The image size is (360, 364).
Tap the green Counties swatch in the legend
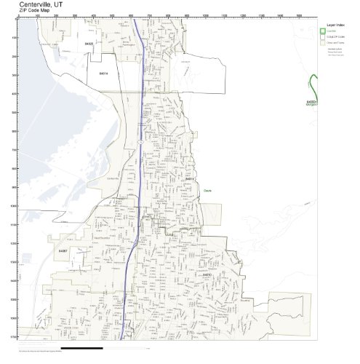pos(322,31)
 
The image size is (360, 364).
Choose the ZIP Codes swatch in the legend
pos(322,36)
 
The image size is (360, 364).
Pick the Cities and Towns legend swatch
pos(322,43)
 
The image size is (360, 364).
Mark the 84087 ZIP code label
pos(63,250)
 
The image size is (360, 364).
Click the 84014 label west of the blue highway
pos(103,73)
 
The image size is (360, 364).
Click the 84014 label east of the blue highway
pos(189,178)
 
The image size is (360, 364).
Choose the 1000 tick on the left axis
pos(15,206)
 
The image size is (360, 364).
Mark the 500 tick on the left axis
pos(15,113)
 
